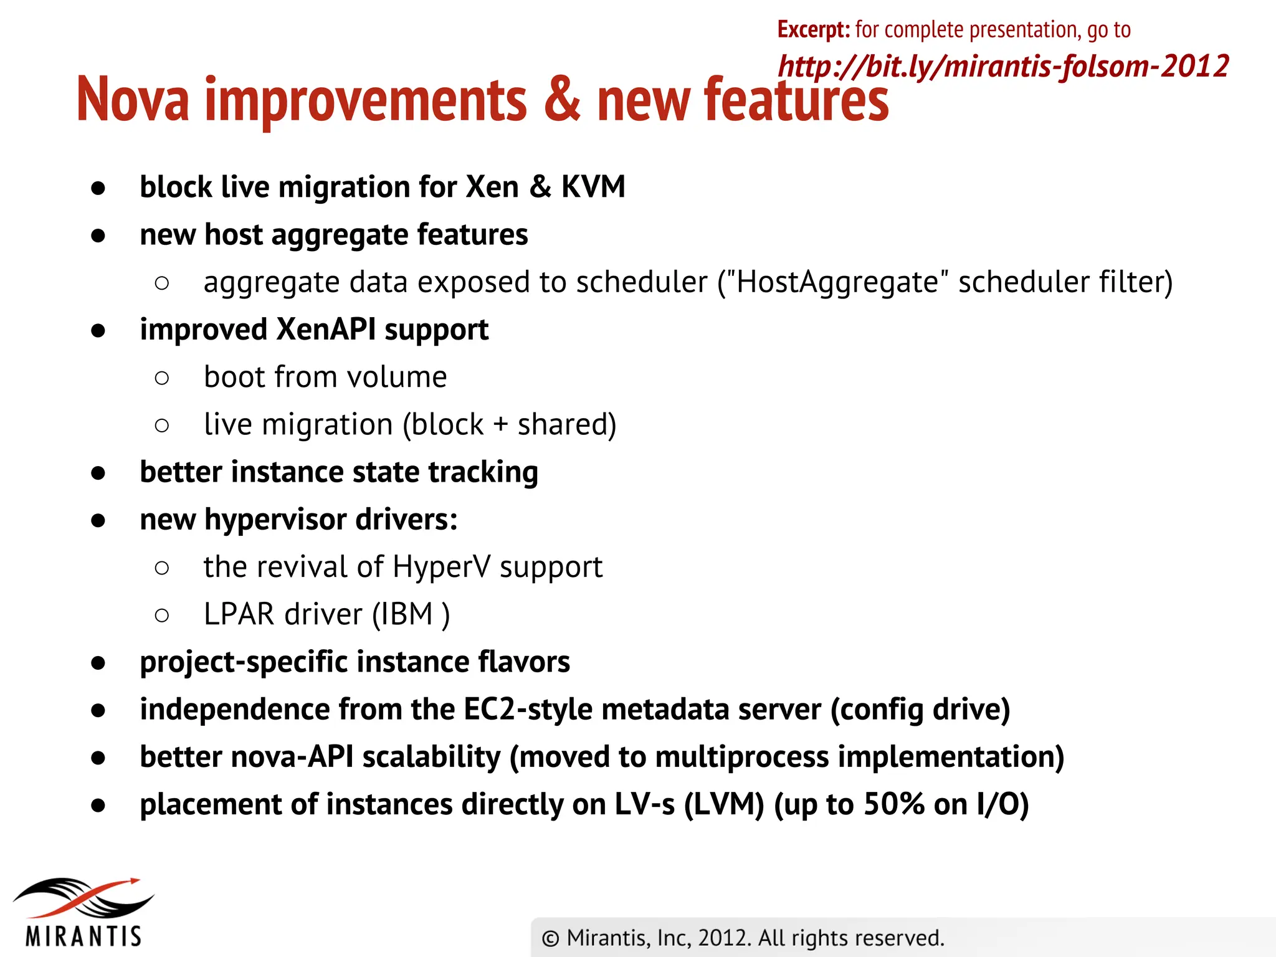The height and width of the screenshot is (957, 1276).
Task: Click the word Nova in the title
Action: [133, 100]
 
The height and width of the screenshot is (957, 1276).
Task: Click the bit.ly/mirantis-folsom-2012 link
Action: [1003, 66]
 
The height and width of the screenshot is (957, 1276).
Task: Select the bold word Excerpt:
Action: [813, 29]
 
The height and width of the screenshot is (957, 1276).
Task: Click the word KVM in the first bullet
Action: [593, 186]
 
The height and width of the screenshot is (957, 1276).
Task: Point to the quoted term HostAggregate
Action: [837, 282]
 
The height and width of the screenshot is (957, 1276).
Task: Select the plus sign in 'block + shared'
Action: [500, 425]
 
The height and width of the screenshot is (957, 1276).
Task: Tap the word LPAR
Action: [239, 614]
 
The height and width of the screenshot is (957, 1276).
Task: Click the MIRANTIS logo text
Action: [83, 936]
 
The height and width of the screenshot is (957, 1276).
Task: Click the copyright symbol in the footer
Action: [550, 938]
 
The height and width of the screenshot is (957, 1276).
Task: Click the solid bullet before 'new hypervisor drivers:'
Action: [98, 520]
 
